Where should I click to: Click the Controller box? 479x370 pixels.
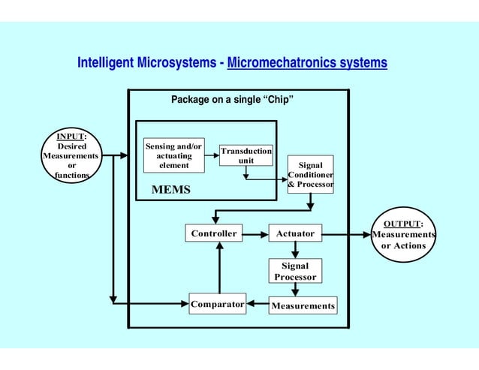point(214,234)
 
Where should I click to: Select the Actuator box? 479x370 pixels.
point(295,234)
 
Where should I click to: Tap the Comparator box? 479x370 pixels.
point(217,305)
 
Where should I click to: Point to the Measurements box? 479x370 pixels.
point(303,306)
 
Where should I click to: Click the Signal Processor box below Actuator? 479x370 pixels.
point(295,271)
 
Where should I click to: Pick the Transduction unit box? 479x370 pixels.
point(246,156)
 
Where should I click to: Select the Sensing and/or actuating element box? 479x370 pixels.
point(173,155)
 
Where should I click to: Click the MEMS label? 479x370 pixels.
point(171,190)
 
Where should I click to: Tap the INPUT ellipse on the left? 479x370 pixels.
point(72,156)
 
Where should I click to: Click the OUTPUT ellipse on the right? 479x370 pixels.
point(404,235)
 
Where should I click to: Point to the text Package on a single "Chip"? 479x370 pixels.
point(232,100)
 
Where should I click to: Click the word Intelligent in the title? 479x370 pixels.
point(105,63)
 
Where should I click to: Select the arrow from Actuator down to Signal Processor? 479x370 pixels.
point(295,251)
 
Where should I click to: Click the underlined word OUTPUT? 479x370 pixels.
point(402,224)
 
